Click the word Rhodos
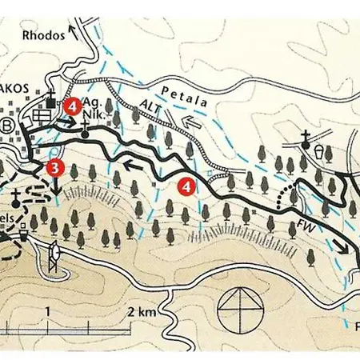click(x=42, y=34)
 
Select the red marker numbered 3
click(x=54, y=168)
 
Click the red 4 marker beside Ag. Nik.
click(x=72, y=105)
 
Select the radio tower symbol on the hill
click(x=54, y=255)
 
